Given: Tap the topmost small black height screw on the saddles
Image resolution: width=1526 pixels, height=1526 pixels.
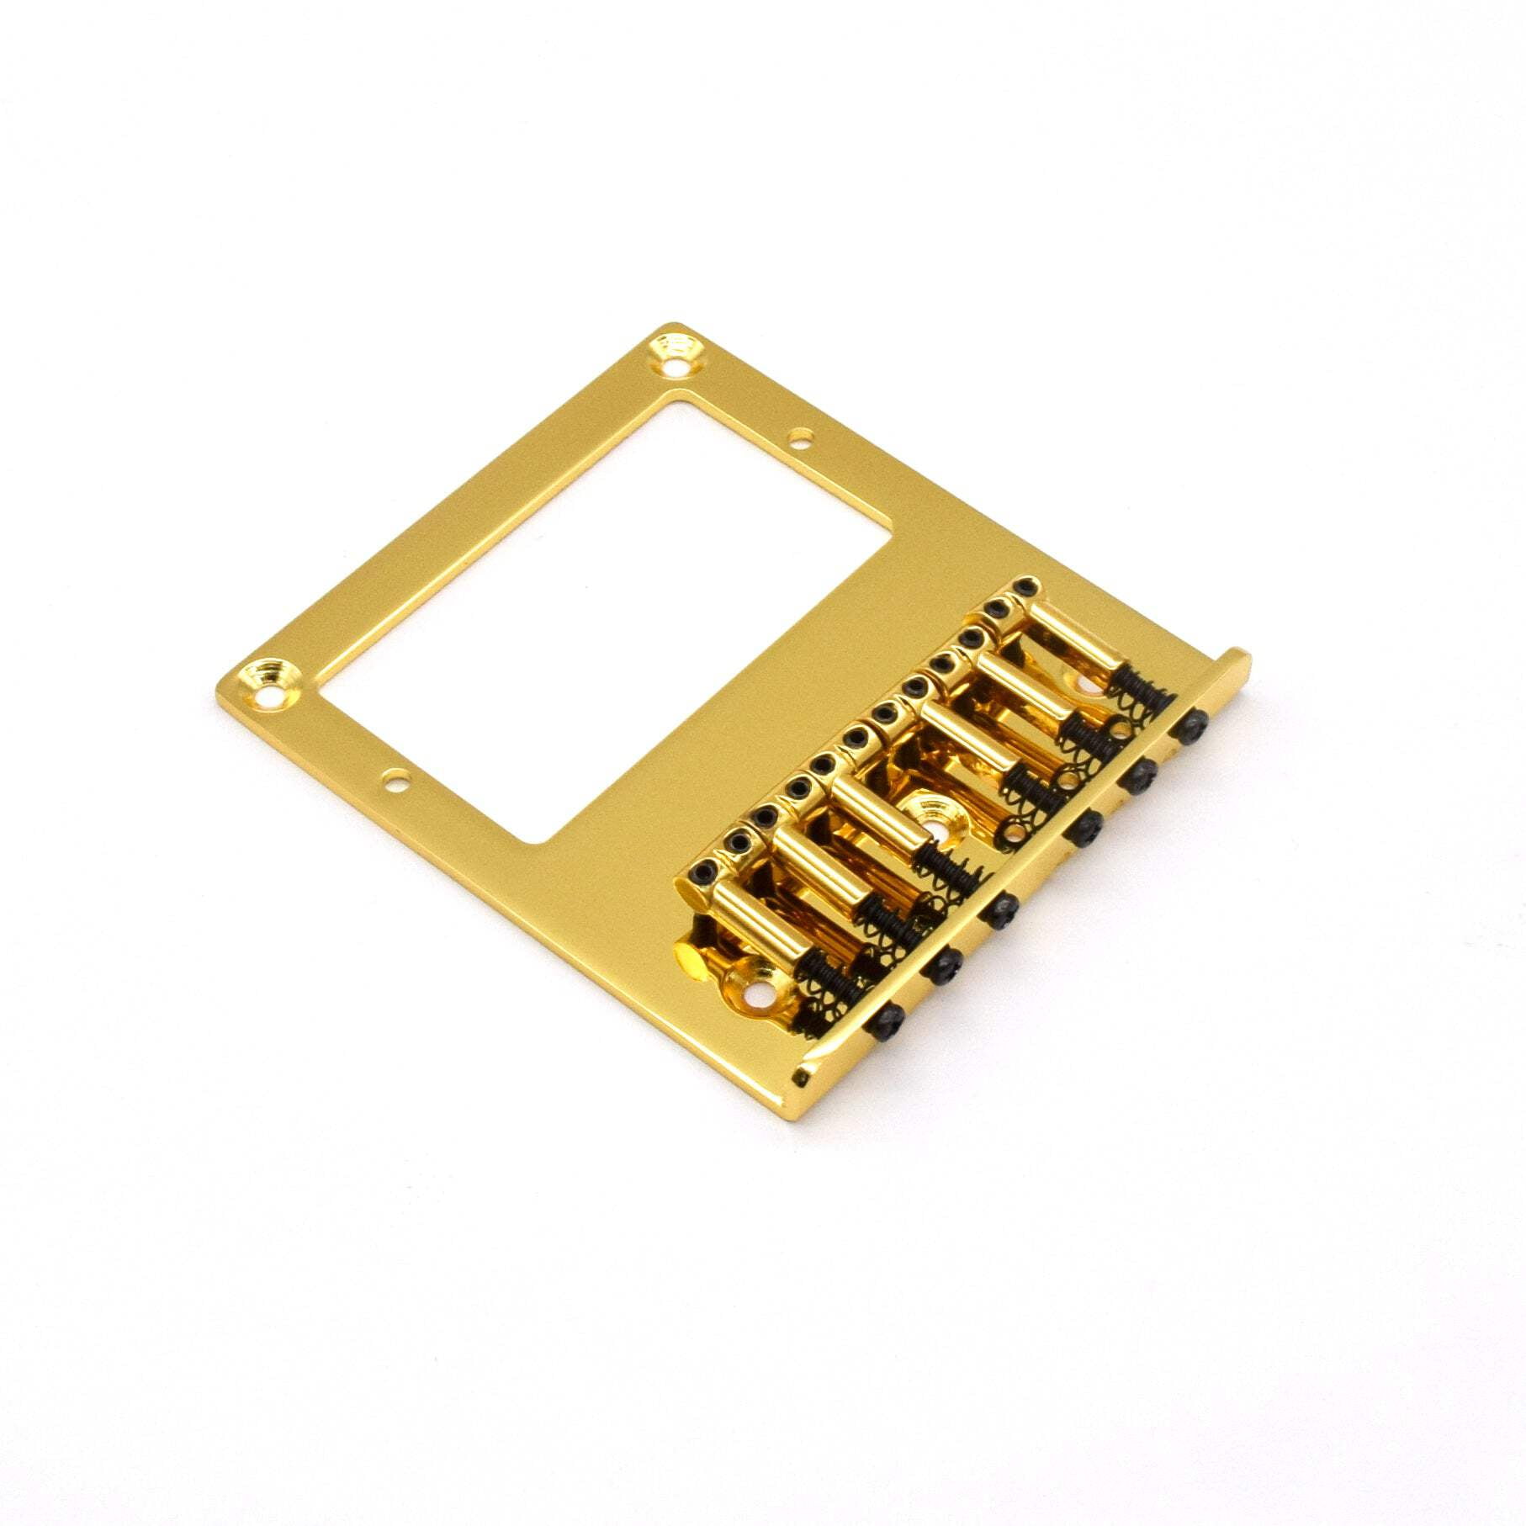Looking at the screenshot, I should [1025, 586].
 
